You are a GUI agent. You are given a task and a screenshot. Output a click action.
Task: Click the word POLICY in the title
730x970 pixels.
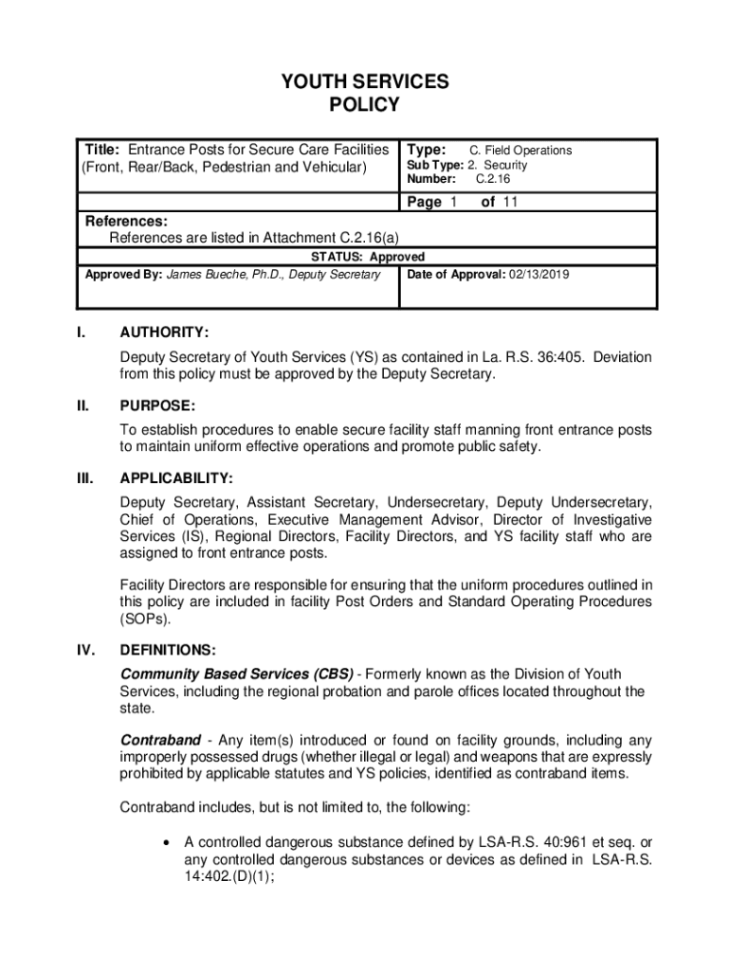[364, 105]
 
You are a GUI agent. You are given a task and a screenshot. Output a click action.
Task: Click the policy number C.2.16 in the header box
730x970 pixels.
[493, 179]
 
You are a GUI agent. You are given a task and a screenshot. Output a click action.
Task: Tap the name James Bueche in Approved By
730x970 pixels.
[204, 275]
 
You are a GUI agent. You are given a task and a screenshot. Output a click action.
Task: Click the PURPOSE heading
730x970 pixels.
[157, 405]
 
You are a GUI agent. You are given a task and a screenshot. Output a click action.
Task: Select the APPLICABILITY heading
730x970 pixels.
[176, 478]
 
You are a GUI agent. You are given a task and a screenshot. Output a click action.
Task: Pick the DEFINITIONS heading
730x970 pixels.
[168, 651]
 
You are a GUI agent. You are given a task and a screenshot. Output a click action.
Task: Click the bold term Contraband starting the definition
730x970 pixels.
[160, 739]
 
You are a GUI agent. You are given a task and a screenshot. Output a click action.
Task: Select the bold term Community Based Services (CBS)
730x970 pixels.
[237, 674]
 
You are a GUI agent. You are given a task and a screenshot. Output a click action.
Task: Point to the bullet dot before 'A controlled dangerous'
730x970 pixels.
[167, 842]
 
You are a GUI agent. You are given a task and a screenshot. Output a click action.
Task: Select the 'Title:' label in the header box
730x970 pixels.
[102, 150]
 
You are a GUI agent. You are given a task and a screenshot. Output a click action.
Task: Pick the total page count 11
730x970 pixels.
[511, 202]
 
